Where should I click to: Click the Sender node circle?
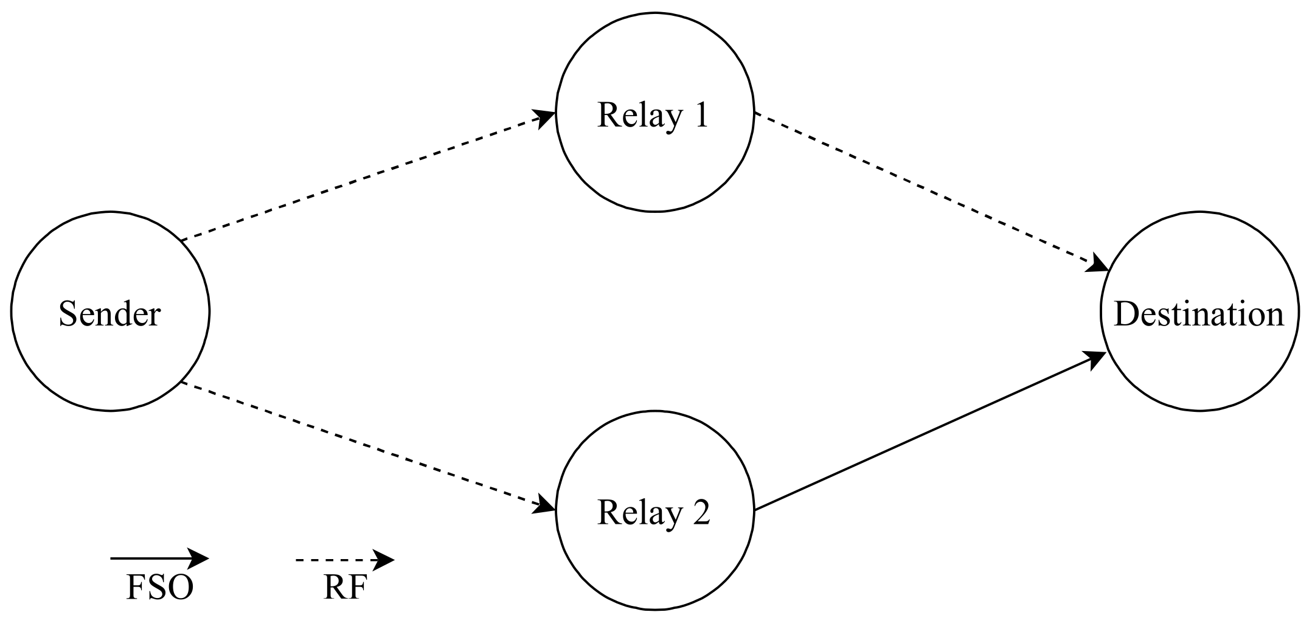[x=110, y=365]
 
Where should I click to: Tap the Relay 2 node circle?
[x=654, y=566]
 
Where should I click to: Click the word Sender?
[x=110, y=315]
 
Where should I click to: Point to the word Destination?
[x=1199, y=315]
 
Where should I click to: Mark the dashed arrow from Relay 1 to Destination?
[x=931, y=191]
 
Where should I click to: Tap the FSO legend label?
[x=159, y=588]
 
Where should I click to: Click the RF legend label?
[x=345, y=588]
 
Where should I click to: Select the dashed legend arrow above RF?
[x=341, y=560]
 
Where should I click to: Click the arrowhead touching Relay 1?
[x=544, y=117]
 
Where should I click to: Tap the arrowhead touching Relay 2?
[x=544, y=506]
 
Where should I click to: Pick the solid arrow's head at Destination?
[x=1095, y=359]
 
